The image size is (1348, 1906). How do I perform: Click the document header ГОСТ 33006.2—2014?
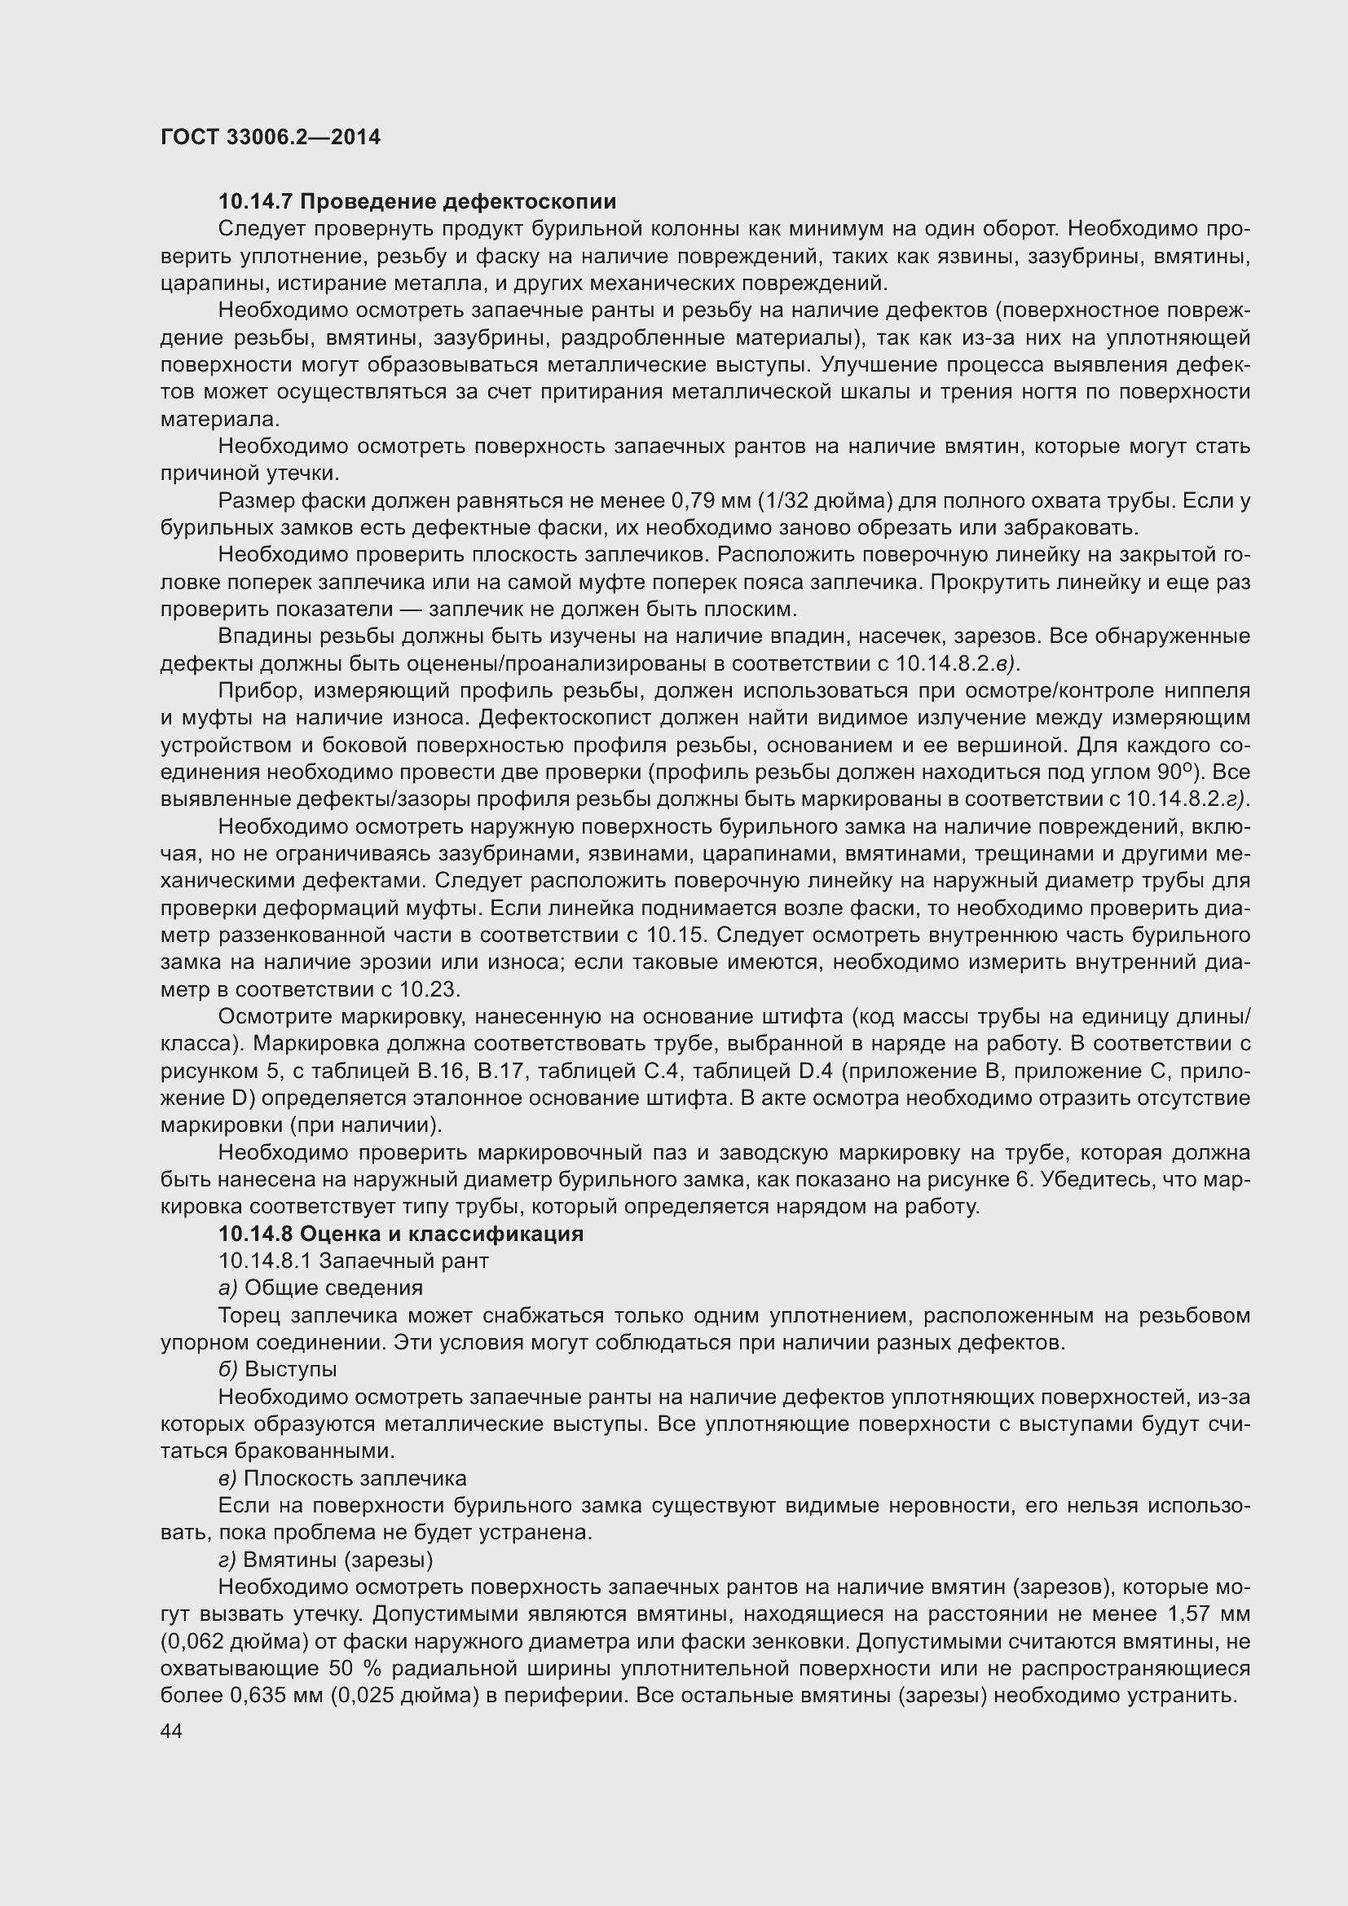pyautogui.click(x=271, y=137)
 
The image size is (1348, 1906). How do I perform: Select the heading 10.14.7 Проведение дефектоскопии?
pyautogui.click(x=416, y=202)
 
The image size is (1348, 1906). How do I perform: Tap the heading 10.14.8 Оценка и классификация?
pyautogui.click(x=400, y=1234)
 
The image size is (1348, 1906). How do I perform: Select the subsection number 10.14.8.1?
pyautogui.click(x=265, y=1261)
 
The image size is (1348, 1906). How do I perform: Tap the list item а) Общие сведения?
pyautogui.click(x=320, y=1288)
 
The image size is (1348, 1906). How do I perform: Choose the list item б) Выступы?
pyautogui.click(x=277, y=1369)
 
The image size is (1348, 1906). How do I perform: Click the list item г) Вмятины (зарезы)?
pyautogui.click(x=325, y=1560)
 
